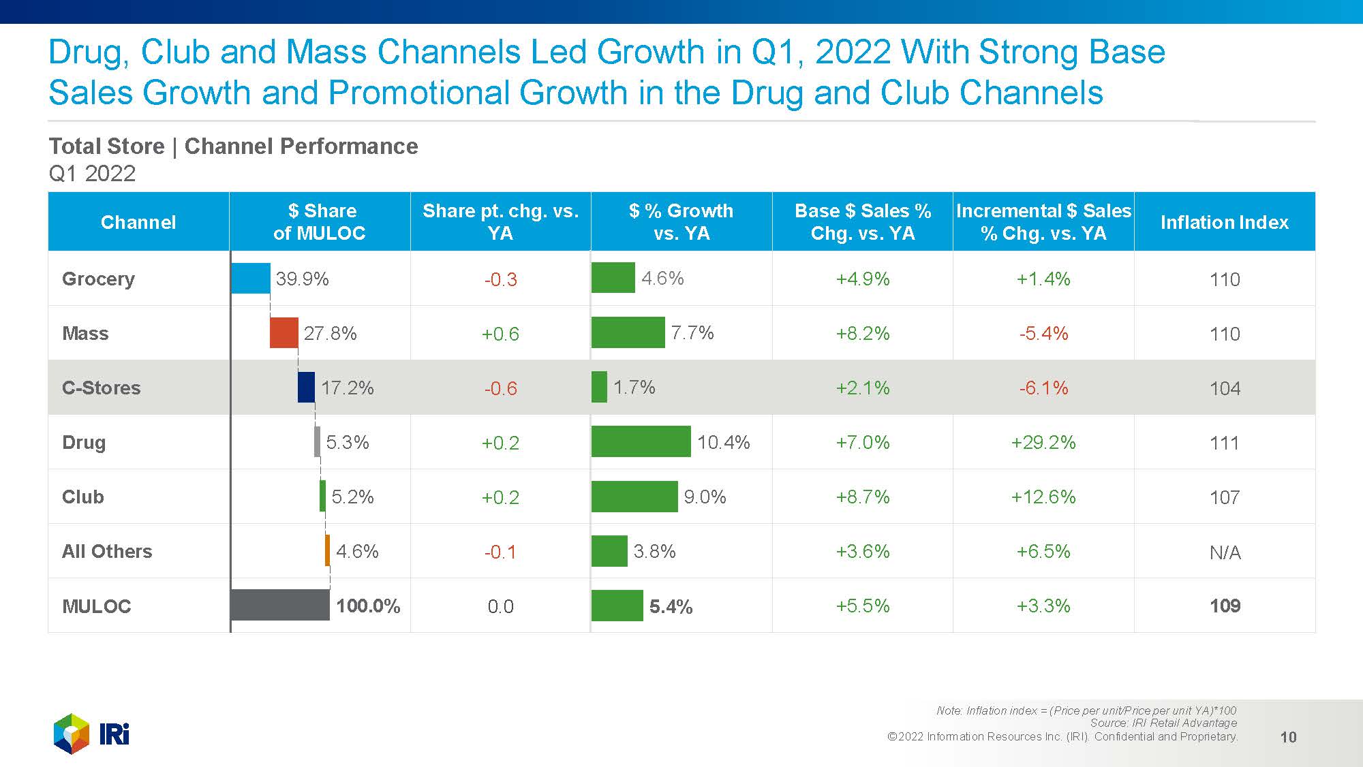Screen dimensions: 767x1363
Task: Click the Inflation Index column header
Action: [1224, 222]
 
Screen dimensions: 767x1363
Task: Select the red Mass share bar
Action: [284, 332]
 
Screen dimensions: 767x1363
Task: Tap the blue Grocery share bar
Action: [251, 278]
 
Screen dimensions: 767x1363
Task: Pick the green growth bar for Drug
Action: [641, 441]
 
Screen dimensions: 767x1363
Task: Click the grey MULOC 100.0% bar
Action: [280, 605]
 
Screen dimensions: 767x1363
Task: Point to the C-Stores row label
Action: [101, 388]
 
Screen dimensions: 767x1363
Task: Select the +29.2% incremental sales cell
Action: [1043, 442]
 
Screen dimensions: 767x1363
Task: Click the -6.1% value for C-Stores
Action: [1043, 388]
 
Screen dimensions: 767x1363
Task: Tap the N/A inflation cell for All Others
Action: [1224, 552]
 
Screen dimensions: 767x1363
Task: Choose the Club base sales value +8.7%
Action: [862, 497]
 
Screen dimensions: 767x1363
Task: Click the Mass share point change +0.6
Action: [500, 334]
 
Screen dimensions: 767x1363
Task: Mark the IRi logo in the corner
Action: [91, 734]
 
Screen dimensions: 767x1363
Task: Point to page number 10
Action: [1288, 737]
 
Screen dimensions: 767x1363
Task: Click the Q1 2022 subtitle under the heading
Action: [92, 174]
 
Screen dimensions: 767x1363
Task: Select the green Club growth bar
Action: [634, 496]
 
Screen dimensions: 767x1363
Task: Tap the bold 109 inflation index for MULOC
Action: [1224, 606]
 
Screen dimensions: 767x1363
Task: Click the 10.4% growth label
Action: [723, 442]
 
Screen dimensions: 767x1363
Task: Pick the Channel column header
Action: [138, 222]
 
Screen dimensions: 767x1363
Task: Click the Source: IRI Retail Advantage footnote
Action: [1163, 723]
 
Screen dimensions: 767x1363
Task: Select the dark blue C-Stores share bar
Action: [306, 387]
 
